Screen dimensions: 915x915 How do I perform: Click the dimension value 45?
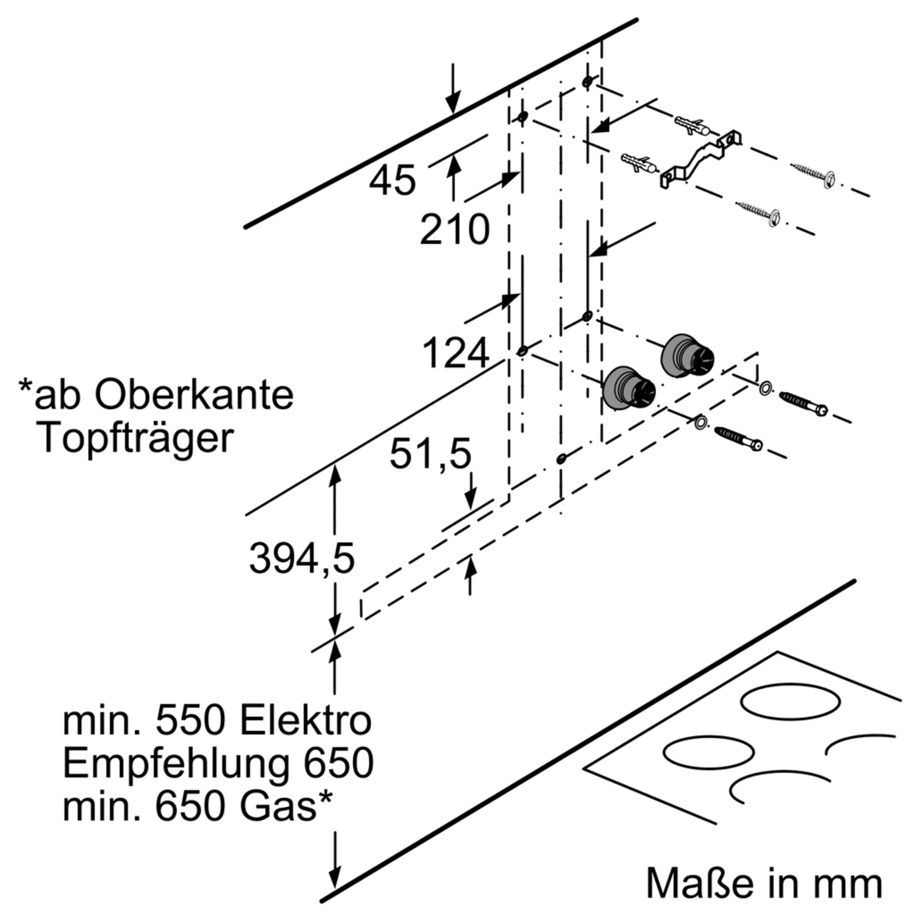click(x=392, y=180)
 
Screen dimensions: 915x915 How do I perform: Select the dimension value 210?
click(x=454, y=230)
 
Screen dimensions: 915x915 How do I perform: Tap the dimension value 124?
click(x=455, y=353)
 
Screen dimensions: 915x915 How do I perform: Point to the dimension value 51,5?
click(x=430, y=454)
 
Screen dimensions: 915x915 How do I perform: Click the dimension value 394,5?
click(x=301, y=559)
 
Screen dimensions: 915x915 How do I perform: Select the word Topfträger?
click(x=138, y=439)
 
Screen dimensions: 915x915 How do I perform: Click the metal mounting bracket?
click(x=700, y=159)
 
